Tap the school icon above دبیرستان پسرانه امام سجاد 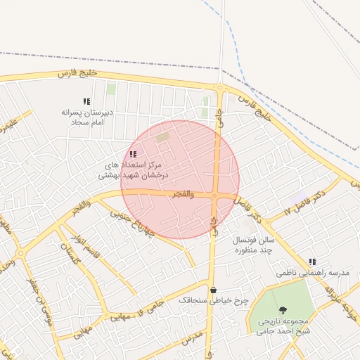86,102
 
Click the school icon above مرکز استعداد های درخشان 133,154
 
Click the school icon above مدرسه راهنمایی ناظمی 312,262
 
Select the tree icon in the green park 283,310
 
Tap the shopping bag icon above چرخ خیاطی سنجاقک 213,290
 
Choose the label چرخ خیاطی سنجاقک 214,300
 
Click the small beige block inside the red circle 162,138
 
